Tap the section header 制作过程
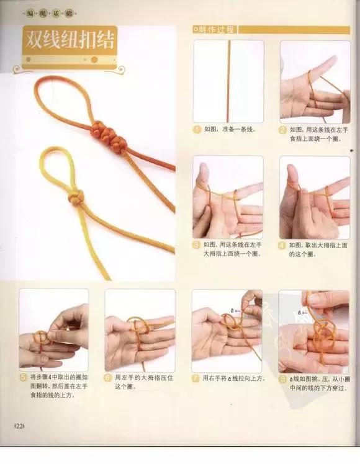pos(214,29)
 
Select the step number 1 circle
pos(197,130)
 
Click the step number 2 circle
pos(283,130)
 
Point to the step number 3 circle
pos(197,246)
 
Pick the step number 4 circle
pos(283,246)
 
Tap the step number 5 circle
pos(23,377)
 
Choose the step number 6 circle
pos(109,377)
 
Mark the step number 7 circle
pos(196,377)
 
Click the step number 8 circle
pos(282,377)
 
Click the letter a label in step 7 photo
pos(231,307)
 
